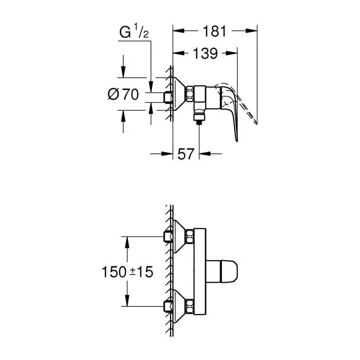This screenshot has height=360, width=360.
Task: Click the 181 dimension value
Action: pos(215,31)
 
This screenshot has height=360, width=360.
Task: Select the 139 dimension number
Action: pos(205,53)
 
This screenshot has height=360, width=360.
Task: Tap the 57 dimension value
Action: pos(186,154)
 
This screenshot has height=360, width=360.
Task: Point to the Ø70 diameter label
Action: pos(123,94)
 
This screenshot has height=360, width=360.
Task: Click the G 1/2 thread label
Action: pos(134,32)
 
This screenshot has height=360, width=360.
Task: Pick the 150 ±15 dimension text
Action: pos(127,272)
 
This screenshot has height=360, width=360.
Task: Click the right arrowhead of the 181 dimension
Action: pos(251,31)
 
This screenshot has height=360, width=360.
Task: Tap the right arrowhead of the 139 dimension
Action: pos(231,53)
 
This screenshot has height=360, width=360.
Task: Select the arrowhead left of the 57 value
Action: pos(167,153)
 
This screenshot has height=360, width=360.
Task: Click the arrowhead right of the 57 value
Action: pos(205,153)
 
